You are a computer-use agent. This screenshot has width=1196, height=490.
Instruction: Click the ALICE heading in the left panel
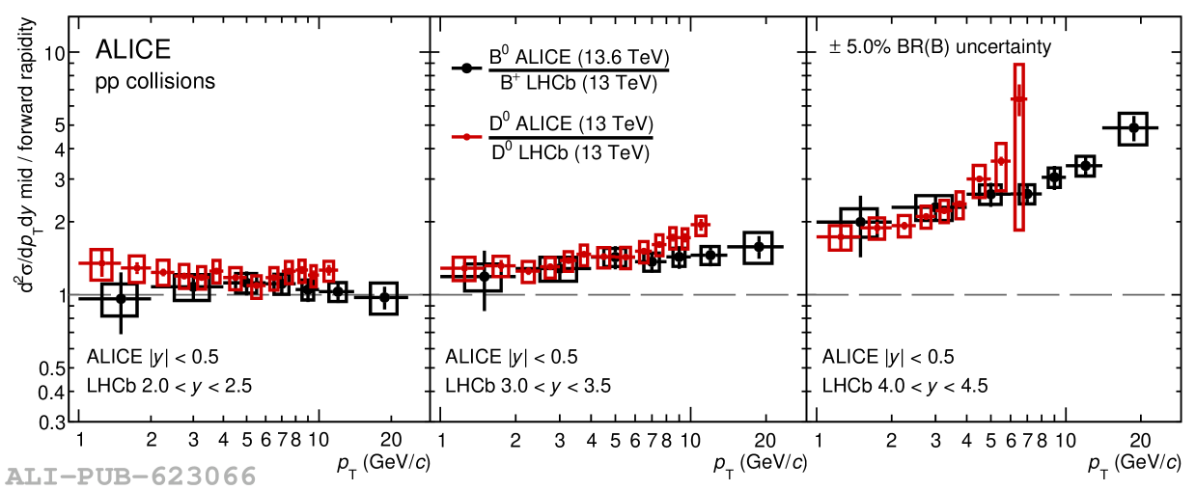(132, 51)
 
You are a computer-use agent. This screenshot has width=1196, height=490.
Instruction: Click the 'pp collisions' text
(154, 82)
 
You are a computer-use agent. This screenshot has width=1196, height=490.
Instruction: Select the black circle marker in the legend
(467, 68)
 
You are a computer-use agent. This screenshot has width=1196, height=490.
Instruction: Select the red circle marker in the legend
(467, 137)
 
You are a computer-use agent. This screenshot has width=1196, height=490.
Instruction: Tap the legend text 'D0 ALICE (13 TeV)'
(571, 124)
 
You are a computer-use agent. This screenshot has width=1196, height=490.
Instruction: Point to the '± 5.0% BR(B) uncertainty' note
(940, 46)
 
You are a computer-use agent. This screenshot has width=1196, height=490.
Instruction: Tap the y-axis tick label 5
(58, 125)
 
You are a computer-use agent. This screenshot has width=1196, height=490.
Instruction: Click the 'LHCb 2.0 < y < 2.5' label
(170, 387)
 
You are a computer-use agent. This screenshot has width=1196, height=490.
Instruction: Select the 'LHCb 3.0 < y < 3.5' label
(527, 387)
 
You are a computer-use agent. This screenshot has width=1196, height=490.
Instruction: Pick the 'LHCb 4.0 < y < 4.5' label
(904, 387)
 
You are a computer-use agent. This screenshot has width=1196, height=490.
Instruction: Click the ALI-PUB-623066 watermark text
(131, 476)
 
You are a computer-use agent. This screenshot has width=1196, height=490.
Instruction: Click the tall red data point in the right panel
(1018, 98)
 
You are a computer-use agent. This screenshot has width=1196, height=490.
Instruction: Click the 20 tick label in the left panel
(391, 440)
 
